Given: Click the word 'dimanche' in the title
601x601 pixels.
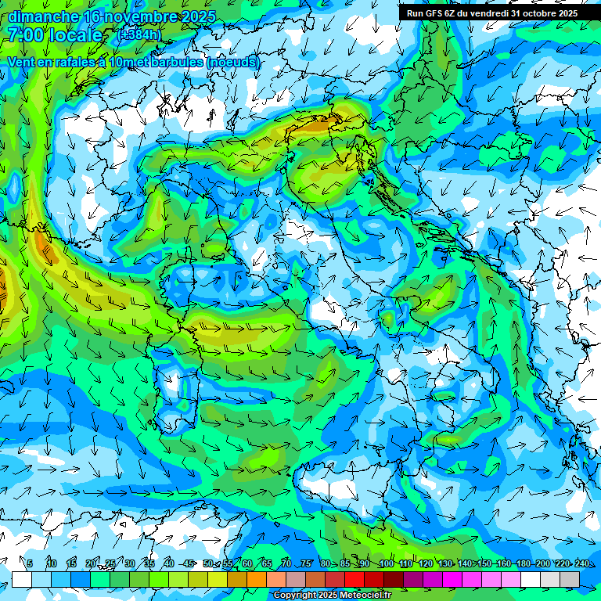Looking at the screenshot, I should [x=43, y=16].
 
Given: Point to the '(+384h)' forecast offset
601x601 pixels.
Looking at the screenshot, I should [x=139, y=35].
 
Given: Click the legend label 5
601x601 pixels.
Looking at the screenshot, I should [x=30, y=564].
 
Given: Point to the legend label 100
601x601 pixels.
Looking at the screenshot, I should [x=386, y=564].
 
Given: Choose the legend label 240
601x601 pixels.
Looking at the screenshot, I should [x=581, y=564].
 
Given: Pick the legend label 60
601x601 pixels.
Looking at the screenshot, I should [x=247, y=564].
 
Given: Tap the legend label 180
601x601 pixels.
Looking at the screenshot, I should [x=523, y=564].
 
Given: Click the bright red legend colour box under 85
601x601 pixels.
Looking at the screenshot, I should [x=354, y=579].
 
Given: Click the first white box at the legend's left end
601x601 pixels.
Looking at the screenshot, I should [x=22, y=579].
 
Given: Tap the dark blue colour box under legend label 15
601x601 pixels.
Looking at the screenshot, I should [x=81, y=579].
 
